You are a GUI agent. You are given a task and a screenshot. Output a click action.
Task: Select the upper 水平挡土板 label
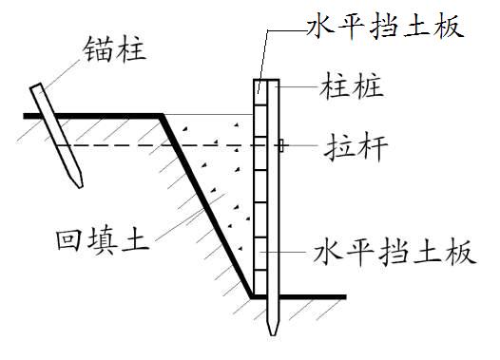pyautogui.click(x=383, y=24)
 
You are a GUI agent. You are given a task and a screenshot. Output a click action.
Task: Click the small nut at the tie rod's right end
pyautogui.click(x=283, y=145)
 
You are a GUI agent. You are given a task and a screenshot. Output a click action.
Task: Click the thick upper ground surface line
pyautogui.click(x=95, y=116)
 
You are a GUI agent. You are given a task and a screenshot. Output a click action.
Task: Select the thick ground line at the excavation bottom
pyautogui.click(x=304, y=296)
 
